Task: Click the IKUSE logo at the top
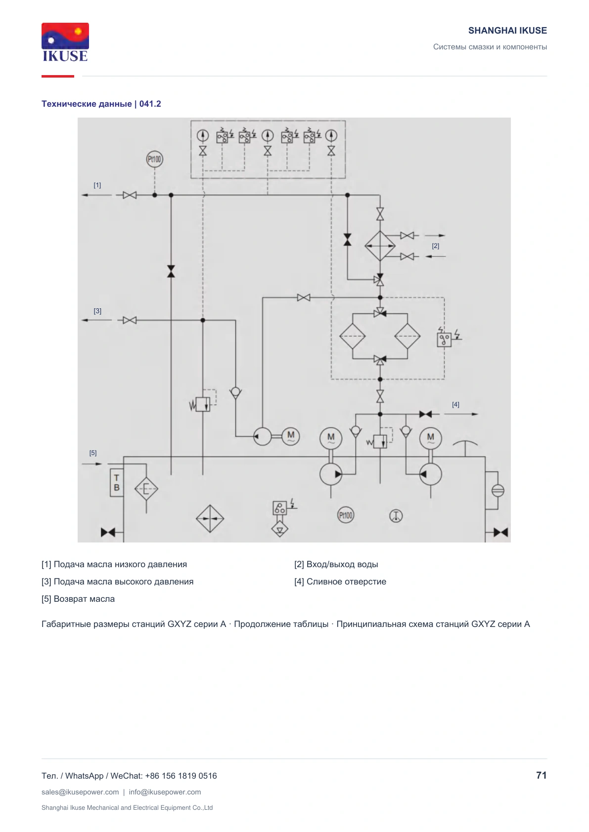click(x=65, y=42)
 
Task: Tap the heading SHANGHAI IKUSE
click(x=507, y=31)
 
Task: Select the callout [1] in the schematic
click(x=97, y=185)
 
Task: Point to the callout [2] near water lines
click(x=435, y=246)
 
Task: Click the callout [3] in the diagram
click(x=97, y=311)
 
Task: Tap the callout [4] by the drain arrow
click(x=455, y=405)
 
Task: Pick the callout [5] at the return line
click(x=93, y=453)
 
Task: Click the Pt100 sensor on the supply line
click(x=155, y=160)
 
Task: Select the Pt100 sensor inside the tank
click(x=346, y=515)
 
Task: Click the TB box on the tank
click(x=116, y=483)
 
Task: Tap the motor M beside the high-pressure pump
click(x=291, y=436)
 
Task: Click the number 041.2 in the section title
click(x=150, y=104)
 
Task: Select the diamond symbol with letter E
click(x=146, y=489)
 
